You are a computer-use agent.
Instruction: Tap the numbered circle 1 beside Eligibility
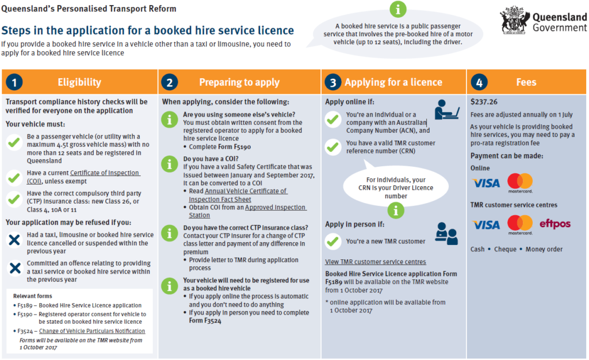tap(14, 82)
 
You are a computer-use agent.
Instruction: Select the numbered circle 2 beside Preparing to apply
tap(170, 82)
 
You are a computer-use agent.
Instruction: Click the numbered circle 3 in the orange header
tap(333, 82)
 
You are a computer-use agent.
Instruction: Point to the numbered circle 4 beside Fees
tap(479, 82)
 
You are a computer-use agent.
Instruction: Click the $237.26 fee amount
tap(484, 102)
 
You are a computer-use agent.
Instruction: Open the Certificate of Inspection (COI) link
tap(83, 177)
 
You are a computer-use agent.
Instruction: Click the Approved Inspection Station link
tap(247, 212)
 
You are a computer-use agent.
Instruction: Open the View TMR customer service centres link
tap(375, 262)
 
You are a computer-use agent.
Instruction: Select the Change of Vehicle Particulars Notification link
tap(92, 331)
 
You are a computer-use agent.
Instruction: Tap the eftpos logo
tap(555, 224)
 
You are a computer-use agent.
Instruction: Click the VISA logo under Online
tap(486, 183)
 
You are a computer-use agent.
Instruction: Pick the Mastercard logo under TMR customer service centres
tap(520, 225)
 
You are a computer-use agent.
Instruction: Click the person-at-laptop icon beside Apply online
tap(446, 110)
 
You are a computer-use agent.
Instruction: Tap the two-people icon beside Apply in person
tap(446, 233)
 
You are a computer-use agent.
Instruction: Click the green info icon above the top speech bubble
tap(398, 9)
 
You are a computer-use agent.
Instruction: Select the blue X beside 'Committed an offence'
tap(15, 268)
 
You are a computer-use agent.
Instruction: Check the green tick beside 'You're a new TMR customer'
tap(333, 242)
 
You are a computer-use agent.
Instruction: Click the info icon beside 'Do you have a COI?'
tap(170, 164)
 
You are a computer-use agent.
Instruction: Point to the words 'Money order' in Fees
tap(544, 249)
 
